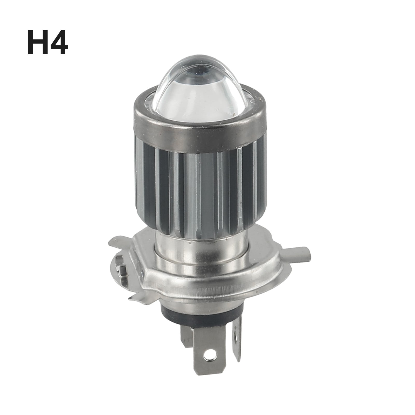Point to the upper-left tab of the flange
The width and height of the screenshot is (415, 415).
(122, 240)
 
